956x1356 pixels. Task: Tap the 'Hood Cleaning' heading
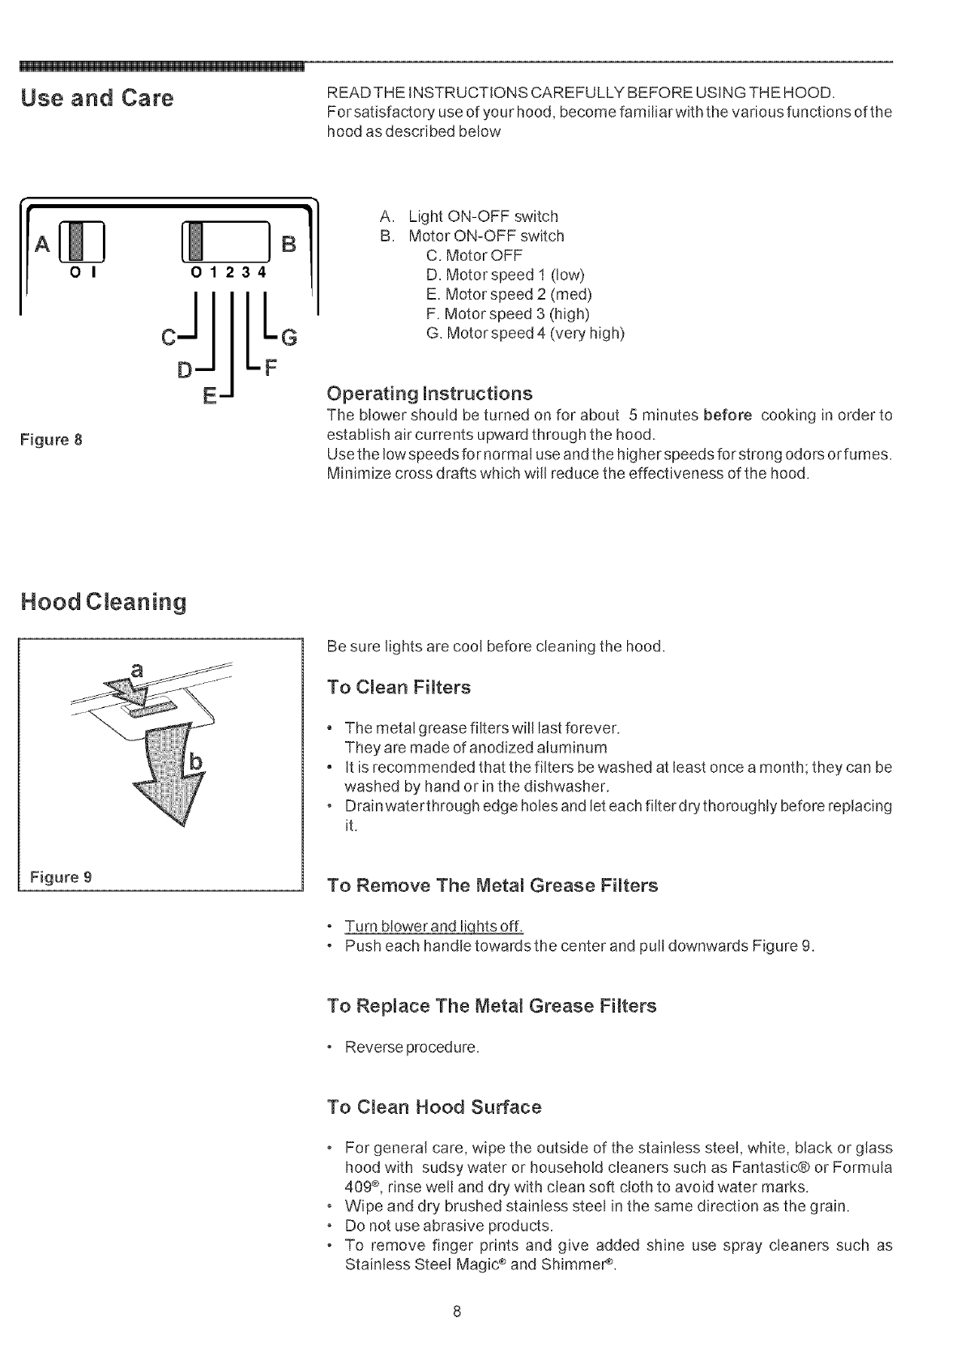[x=104, y=602]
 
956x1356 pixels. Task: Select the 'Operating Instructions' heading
[x=429, y=394]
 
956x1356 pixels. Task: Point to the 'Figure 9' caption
[x=61, y=876]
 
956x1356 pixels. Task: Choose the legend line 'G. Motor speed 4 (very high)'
[x=525, y=333]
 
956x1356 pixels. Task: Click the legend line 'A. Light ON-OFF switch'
[x=468, y=216]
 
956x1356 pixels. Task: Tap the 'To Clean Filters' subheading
[x=398, y=688]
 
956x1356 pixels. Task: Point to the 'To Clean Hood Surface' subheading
[x=433, y=1107]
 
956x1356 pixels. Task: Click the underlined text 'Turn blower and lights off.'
[x=434, y=927]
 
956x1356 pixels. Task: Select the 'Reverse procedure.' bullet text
[x=412, y=1047]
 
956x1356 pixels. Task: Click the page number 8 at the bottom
[x=457, y=1311]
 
